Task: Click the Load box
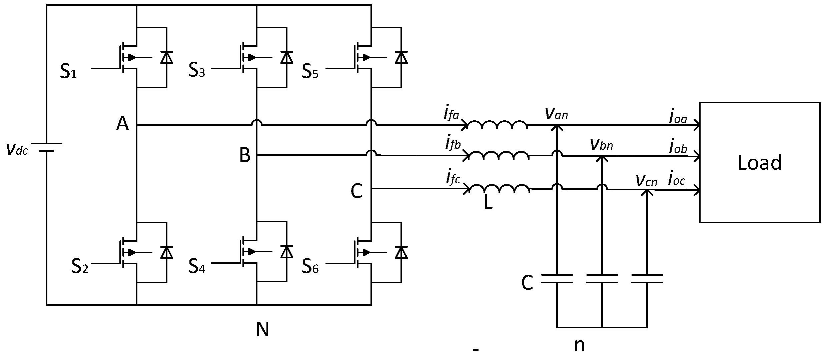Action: [x=759, y=162]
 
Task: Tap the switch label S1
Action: [x=68, y=71]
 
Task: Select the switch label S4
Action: [x=197, y=266]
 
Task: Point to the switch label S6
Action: [x=310, y=266]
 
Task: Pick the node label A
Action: [x=122, y=125]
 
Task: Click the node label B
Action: [x=245, y=155]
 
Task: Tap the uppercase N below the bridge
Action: [x=262, y=330]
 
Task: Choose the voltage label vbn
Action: [x=601, y=144]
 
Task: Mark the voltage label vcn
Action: [x=646, y=180]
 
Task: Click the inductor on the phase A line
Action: [x=497, y=125]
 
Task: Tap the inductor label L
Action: [x=488, y=203]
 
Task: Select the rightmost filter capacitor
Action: [x=647, y=279]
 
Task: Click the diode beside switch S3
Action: [x=286, y=57]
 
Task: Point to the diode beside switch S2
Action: [x=166, y=252]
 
